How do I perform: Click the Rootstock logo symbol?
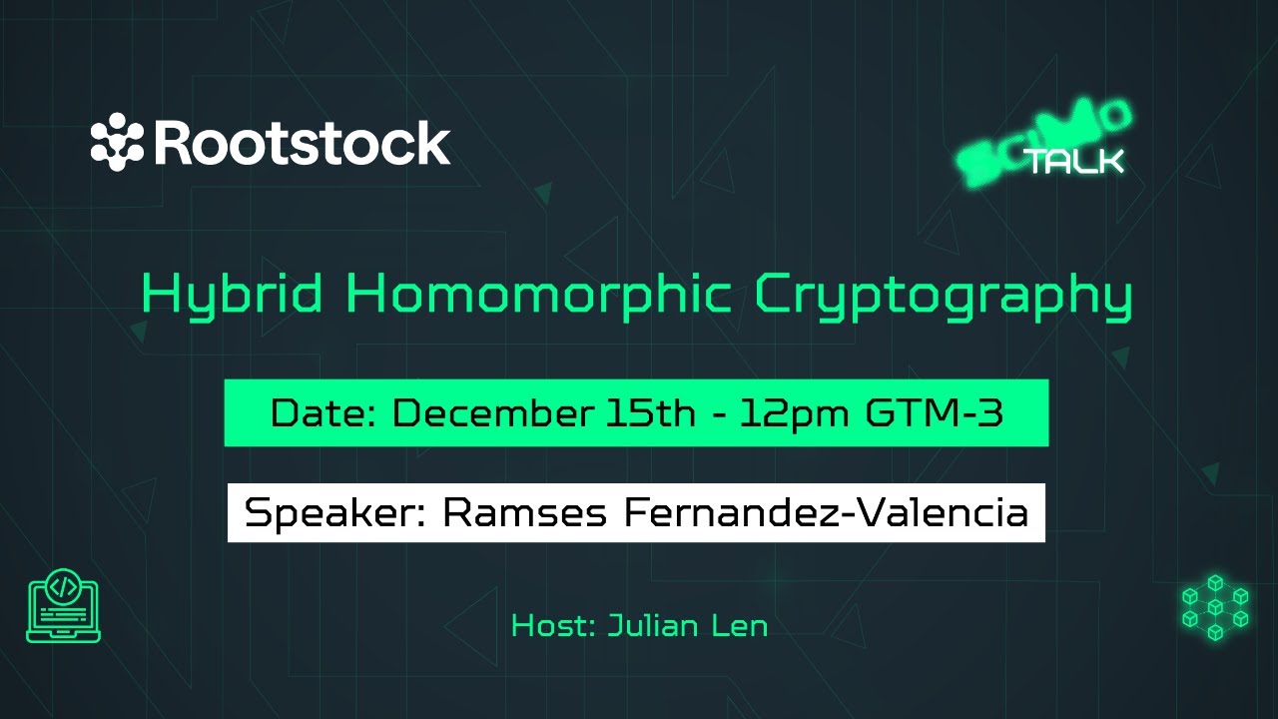click(x=118, y=144)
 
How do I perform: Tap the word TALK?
click(x=1076, y=161)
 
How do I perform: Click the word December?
click(x=490, y=413)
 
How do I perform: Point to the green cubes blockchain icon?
click(x=1214, y=606)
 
